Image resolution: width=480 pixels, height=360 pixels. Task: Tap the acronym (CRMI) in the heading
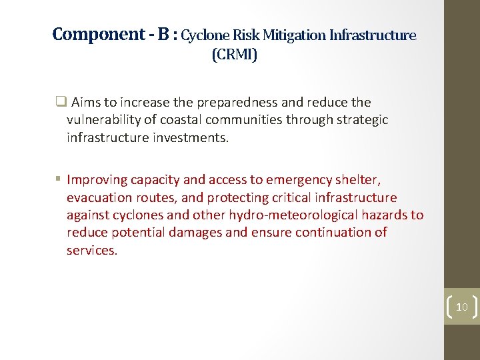tap(234, 55)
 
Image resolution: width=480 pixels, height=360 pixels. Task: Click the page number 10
tap(462, 307)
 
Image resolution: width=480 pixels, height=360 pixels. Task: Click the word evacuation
tap(98, 197)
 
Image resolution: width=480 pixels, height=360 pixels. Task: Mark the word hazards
tap(388, 215)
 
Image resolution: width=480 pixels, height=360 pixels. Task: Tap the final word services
tap(92, 251)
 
